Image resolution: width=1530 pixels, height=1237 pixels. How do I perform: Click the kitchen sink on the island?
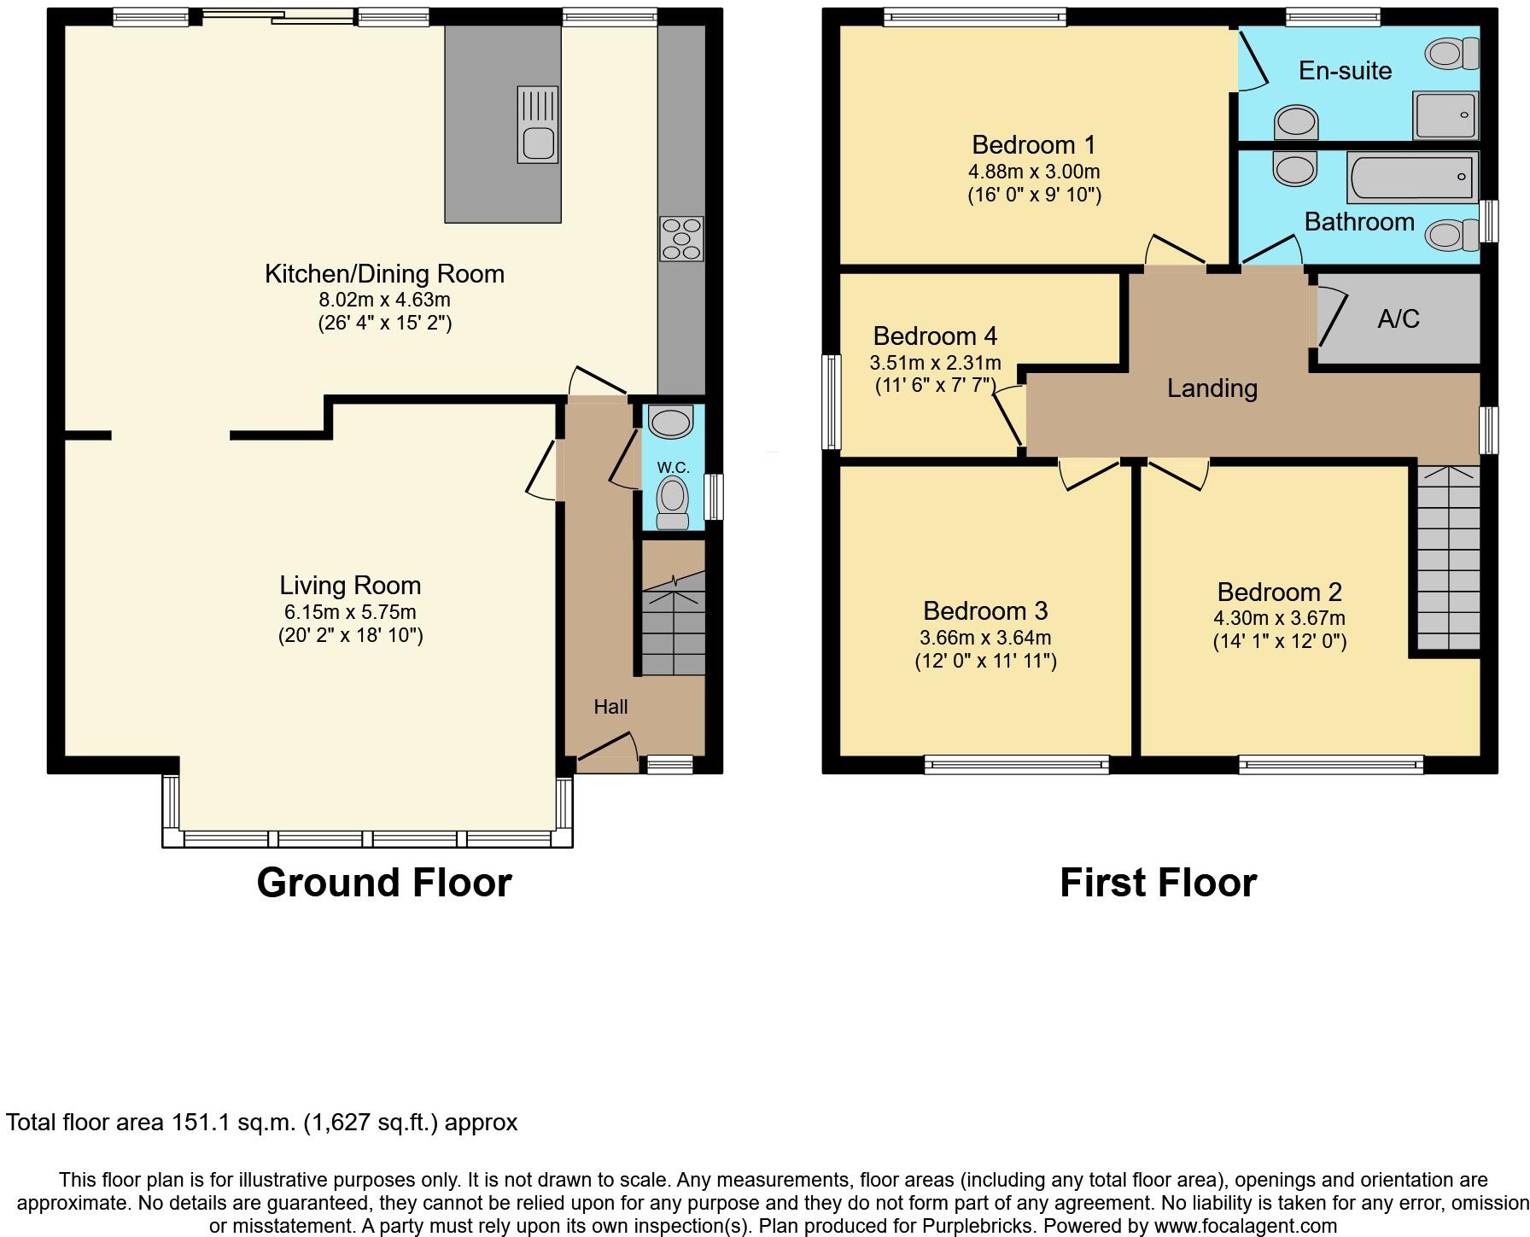538,125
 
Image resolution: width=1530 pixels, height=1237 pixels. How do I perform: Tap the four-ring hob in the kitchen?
681,238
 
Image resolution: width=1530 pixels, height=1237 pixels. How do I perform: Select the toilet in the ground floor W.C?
673,501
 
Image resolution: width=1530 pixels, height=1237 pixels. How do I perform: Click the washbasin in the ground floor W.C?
669,421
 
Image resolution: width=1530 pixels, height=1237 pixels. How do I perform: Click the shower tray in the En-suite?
1445,114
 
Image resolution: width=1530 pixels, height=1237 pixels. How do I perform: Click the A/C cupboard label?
1399,319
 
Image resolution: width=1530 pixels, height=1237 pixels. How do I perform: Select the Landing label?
1212,388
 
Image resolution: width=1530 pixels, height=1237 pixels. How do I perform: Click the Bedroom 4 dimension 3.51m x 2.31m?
935,363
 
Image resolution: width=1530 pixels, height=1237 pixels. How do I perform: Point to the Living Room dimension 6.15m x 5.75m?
350,612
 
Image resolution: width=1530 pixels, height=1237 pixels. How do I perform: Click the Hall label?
610,707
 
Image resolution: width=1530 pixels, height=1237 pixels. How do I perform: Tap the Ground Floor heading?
383,883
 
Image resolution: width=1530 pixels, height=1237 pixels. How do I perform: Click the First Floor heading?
1158,883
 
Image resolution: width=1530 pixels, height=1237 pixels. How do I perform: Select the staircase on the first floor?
1448,559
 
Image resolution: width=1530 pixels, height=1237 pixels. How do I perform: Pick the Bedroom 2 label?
1279,592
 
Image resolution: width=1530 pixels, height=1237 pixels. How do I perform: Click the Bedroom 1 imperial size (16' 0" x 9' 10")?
1034,195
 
